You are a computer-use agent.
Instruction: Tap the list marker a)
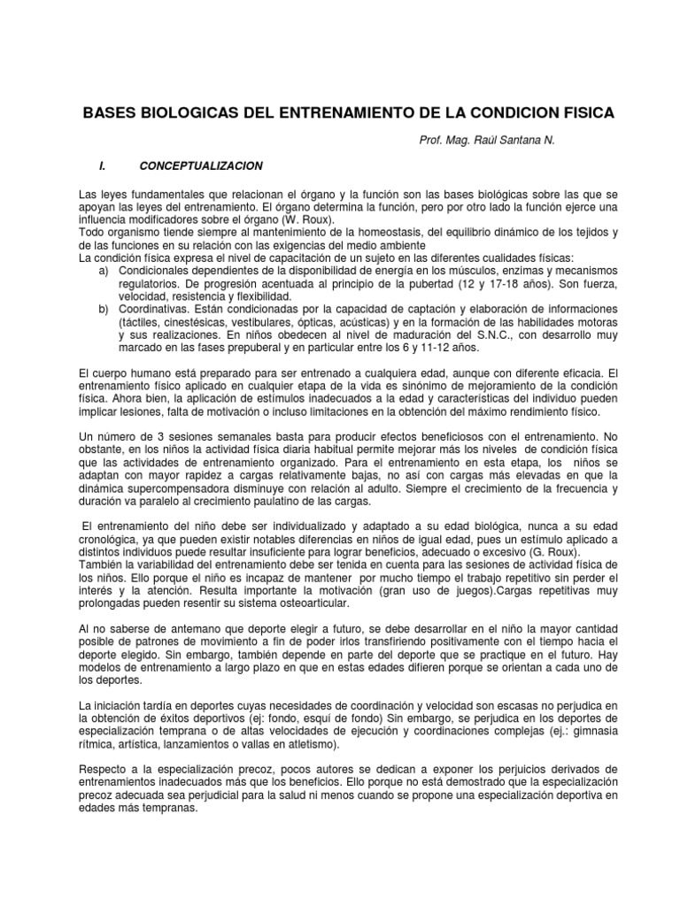pos(103,270)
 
